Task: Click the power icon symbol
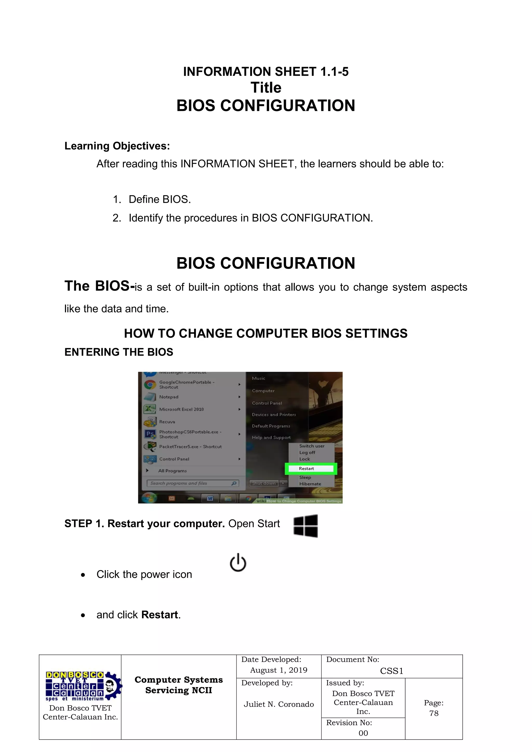coord(238,562)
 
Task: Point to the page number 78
coord(434,713)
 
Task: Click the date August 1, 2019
coord(279,670)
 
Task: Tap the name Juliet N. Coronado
coord(279,704)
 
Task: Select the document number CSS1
coord(391,671)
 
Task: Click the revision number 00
coord(363,733)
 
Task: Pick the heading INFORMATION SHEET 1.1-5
coord(266,72)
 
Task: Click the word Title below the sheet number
coord(266,88)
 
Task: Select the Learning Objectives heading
coord(117,146)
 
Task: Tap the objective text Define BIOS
coord(159,199)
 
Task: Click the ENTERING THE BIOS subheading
coord(119,352)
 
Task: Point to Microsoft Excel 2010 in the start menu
coord(181,409)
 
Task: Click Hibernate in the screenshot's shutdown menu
coord(310,484)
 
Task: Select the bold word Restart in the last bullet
coord(160,615)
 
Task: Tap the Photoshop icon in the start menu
coord(150,434)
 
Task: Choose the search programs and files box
coord(193,483)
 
